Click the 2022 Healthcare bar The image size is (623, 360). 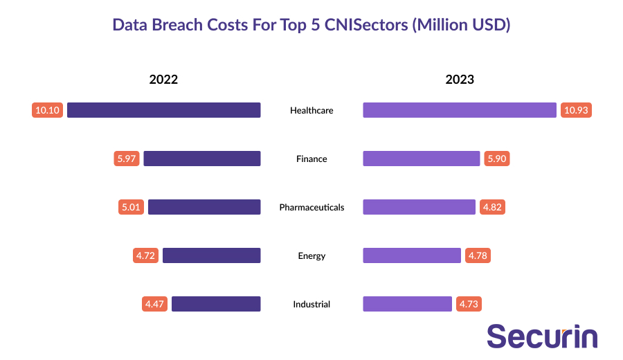pyautogui.click(x=163, y=110)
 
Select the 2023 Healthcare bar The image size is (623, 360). pyautogui.click(x=460, y=110)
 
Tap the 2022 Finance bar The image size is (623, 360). pyautogui.click(x=201, y=159)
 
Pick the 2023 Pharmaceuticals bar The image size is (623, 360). pyautogui.click(x=419, y=207)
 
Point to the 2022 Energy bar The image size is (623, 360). pyautogui.click(x=211, y=255)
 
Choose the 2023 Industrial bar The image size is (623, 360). pyautogui.click(x=407, y=304)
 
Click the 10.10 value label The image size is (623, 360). pyautogui.click(x=48, y=110)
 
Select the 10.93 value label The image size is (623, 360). pyautogui.click(x=576, y=110)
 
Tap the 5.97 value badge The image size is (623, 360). pyautogui.click(x=127, y=159)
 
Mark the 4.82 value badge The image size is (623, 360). pyautogui.click(x=491, y=207)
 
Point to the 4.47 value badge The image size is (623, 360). pyautogui.click(x=155, y=304)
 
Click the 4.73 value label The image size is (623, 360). pyautogui.click(x=469, y=304)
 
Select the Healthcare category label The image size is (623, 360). pyautogui.click(x=311, y=110)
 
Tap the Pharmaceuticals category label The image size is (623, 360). pyautogui.click(x=311, y=207)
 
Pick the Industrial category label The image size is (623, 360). pyautogui.click(x=311, y=304)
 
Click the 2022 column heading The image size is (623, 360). pyautogui.click(x=163, y=79)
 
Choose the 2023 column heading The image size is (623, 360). pyautogui.click(x=460, y=79)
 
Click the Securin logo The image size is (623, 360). pyautogui.click(x=542, y=336)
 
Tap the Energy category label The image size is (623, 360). pyautogui.click(x=311, y=255)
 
